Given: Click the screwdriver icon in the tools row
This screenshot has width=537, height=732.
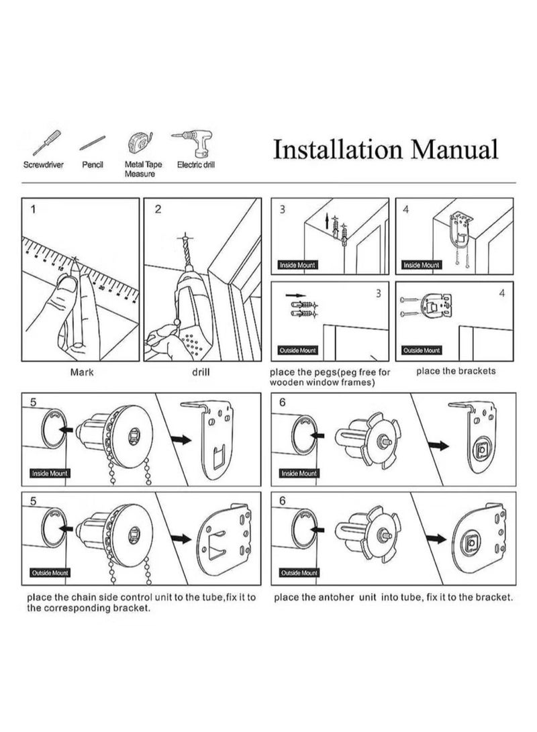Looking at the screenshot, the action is click(46, 143).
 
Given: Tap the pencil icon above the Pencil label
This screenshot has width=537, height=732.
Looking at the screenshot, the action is click(93, 143).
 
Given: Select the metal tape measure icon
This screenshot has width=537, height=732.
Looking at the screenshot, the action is click(140, 143).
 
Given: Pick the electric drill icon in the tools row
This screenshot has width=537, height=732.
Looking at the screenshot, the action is click(193, 143).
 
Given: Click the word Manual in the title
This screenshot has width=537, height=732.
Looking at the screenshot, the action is click(454, 150).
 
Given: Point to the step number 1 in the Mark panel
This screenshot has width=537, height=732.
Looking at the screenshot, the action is click(33, 209).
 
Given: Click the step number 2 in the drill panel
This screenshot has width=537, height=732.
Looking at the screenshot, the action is click(158, 209).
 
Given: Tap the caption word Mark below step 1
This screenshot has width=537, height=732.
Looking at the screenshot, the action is click(82, 372).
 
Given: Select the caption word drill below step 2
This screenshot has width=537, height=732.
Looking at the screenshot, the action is click(201, 372).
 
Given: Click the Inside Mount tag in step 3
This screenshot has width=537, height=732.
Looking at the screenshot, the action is click(297, 265).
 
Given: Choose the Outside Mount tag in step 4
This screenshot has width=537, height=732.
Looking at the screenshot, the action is click(422, 350).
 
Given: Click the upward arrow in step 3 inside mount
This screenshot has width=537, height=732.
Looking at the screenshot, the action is click(328, 221).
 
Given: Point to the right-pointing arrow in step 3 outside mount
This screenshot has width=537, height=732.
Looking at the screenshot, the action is click(295, 295).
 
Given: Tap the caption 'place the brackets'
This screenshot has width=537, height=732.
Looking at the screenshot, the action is click(456, 371).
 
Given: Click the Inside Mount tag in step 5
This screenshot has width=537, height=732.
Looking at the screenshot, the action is click(50, 474).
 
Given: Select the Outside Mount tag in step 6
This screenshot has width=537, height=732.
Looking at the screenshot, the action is click(299, 573).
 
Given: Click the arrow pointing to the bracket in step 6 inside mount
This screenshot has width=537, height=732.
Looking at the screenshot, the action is click(438, 446).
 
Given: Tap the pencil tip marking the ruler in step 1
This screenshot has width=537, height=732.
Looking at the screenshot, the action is click(75, 260).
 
